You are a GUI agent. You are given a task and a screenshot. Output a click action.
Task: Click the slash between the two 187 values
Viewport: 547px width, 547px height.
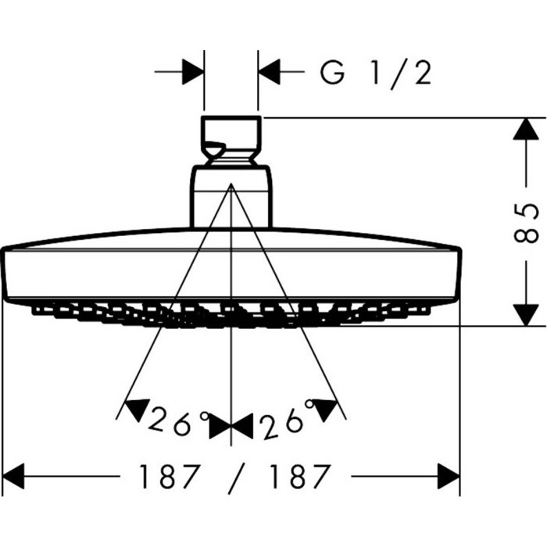point(232,476)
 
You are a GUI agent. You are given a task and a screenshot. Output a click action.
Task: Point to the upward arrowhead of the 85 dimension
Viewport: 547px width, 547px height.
point(524,130)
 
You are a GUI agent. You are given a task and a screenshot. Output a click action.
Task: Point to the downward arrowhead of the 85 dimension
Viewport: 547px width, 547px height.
point(524,313)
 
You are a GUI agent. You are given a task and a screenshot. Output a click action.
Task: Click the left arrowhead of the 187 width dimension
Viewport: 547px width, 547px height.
point(16,475)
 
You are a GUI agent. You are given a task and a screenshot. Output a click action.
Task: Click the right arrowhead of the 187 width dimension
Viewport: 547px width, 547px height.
point(449,475)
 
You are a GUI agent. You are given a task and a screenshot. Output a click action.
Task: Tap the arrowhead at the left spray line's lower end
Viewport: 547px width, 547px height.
point(136,408)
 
